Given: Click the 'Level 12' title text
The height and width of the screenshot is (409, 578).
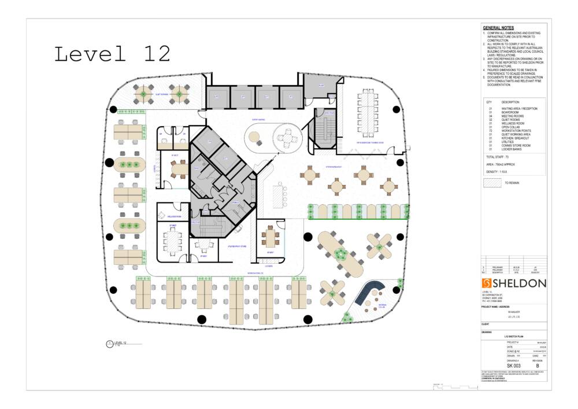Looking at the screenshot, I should point(112,54).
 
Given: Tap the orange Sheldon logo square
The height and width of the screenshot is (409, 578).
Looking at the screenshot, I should point(487,283).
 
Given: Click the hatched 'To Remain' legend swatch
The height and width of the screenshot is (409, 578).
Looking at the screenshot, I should point(491,182).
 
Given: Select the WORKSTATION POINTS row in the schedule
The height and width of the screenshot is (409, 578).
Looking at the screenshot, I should point(520,130).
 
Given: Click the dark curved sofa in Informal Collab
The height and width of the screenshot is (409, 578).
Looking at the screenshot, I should point(370,292).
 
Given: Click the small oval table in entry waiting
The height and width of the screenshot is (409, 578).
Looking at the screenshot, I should point(254,138).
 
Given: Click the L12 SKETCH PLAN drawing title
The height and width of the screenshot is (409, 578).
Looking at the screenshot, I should point(513,336).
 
